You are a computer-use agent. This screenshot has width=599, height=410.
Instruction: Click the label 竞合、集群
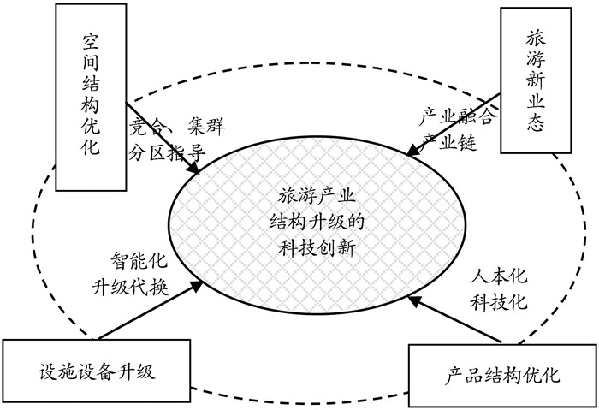pos(178,128)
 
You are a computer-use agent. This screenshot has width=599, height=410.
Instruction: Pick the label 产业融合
pos(456,116)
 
